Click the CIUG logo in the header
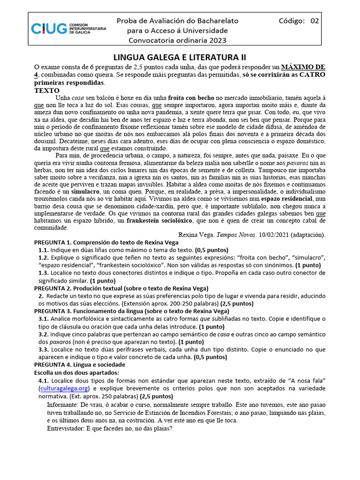coord(68,29)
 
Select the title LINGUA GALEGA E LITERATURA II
coord(180,57)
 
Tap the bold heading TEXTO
coord(47,90)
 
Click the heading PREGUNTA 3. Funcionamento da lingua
coord(132,311)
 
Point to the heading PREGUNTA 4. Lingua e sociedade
coord(80,364)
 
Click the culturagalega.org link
coord(64,389)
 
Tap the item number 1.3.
coord(44,273)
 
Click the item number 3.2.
coord(44,334)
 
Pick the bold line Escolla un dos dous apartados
coord(78,372)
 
